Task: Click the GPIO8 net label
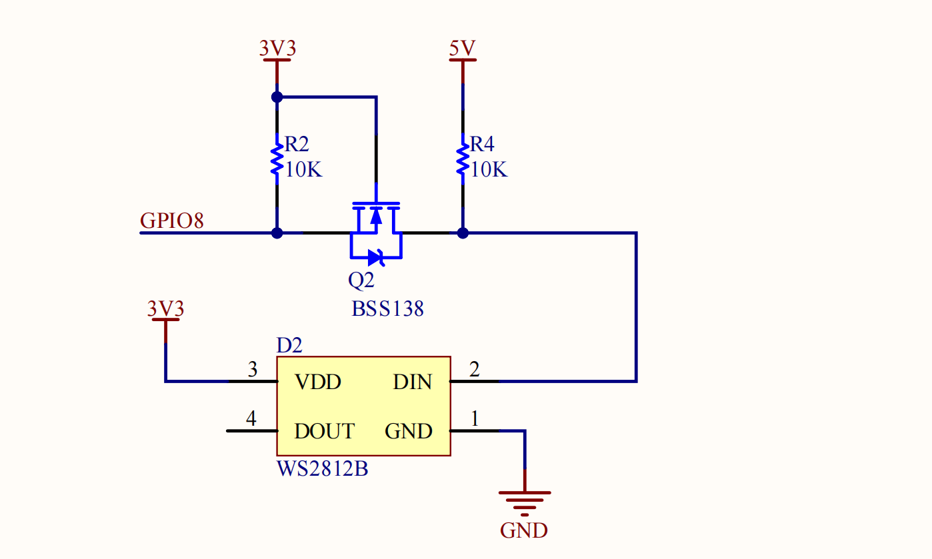[171, 221]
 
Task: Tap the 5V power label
[462, 48]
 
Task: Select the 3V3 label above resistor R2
[277, 48]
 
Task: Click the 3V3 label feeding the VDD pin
[165, 308]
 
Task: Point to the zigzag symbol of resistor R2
[277, 159]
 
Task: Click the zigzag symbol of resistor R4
[463, 159]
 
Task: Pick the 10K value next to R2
[304, 170]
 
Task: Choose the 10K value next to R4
[489, 170]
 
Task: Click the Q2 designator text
[361, 280]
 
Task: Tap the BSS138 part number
[388, 309]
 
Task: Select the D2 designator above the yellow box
[289, 345]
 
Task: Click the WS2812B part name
[323, 469]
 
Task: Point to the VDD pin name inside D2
[318, 382]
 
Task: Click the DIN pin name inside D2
[413, 382]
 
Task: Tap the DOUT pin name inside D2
[325, 431]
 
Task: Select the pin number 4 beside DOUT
[251, 418]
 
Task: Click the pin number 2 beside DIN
[474, 369]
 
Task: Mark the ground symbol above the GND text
[525, 504]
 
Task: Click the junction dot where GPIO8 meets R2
[277, 233]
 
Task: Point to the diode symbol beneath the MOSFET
[376, 258]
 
